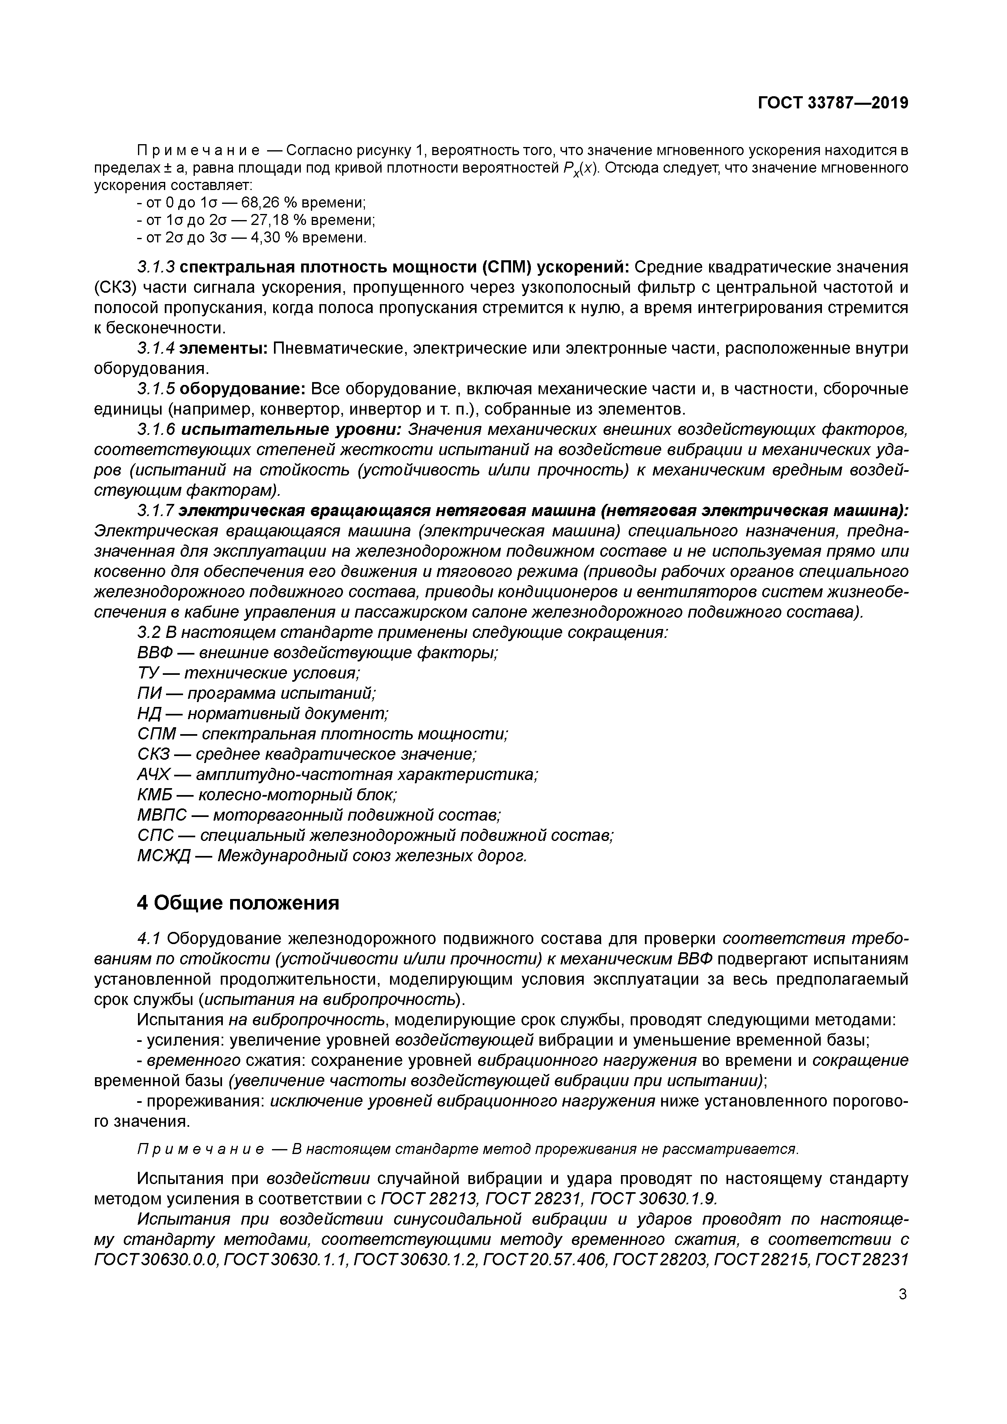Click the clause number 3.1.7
coord(156,510)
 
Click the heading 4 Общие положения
coord(238,903)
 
